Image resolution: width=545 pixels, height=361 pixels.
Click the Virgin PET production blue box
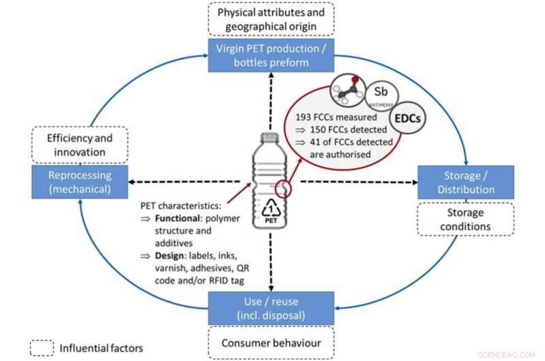tap(272, 54)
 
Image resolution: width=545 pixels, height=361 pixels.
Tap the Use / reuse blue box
tap(271, 308)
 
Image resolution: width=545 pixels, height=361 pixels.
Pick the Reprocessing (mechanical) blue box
tap(80, 181)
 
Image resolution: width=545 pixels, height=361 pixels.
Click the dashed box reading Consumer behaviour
tap(271, 343)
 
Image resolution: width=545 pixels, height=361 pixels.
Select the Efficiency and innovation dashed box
tap(80, 144)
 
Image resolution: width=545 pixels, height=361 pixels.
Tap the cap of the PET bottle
tap(271, 138)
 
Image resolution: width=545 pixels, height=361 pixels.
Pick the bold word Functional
tap(180, 219)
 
